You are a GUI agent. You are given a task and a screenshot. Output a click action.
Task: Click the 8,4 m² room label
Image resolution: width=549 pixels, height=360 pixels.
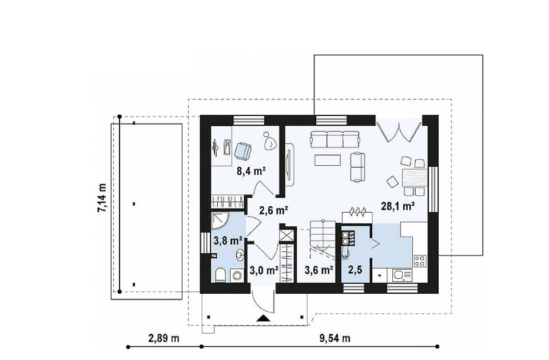(x=251, y=171)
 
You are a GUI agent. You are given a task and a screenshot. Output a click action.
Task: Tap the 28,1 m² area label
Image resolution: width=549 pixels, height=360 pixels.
(x=398, y=206)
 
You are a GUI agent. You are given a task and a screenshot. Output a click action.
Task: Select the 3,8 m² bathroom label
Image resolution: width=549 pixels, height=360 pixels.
(x=228, y=241)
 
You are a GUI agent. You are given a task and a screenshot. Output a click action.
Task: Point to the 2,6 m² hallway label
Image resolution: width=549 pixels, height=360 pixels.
(x=273, y=210)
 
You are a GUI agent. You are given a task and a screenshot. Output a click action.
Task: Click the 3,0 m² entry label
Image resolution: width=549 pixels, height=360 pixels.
(x=264, y=270)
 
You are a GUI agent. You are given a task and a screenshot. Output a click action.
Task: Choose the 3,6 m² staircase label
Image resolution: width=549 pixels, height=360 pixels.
(x=319, y=270)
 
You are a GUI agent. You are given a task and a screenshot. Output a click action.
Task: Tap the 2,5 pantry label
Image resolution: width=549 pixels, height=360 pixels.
(x=355, y=270)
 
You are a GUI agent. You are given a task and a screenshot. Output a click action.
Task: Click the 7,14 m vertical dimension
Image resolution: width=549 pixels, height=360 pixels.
(x=102, y=198)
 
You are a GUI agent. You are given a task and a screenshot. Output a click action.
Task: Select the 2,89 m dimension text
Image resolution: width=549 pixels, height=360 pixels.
(x=164, y=338)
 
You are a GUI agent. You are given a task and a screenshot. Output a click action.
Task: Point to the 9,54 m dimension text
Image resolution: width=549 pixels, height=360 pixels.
(x=335, y=338)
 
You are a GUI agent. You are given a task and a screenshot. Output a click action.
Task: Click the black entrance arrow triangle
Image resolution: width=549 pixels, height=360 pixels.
(x=263, y=318)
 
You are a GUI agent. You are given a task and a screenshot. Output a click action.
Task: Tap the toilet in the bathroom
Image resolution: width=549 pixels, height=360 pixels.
(x=221, y=275)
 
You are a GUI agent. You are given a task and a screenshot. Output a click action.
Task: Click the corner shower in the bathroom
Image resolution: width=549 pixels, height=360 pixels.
(x=220, y=221)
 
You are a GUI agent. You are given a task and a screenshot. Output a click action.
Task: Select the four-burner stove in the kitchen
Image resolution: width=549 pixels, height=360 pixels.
(x=420, y=261)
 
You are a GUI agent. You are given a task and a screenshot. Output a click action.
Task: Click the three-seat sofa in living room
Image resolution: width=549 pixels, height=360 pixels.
(x=335, y=139)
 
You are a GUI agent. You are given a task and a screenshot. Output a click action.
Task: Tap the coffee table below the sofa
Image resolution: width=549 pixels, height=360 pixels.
(x=328, y=159)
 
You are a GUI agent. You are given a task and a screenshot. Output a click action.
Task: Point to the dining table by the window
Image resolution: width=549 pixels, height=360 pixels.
(x=415, y=178)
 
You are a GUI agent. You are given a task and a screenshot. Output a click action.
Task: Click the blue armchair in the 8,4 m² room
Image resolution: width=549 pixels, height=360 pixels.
(x=242, y=151)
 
